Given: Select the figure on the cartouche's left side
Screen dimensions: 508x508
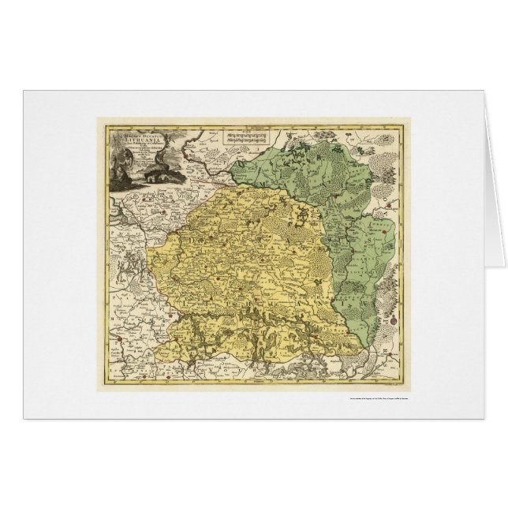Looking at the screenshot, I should (118, 170).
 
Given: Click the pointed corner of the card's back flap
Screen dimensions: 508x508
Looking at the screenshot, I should (505, 266).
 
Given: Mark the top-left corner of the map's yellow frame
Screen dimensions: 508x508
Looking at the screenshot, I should (98, 119).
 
